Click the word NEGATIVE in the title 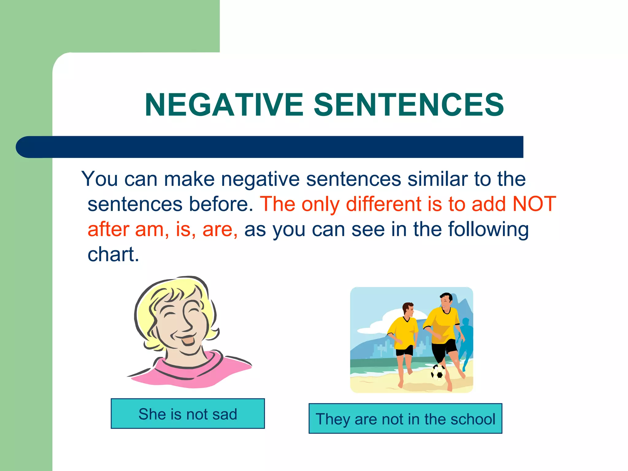coord(224,105)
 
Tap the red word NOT coord(534,204)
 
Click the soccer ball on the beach coord(438,372)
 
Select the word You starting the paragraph coord(99,179)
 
